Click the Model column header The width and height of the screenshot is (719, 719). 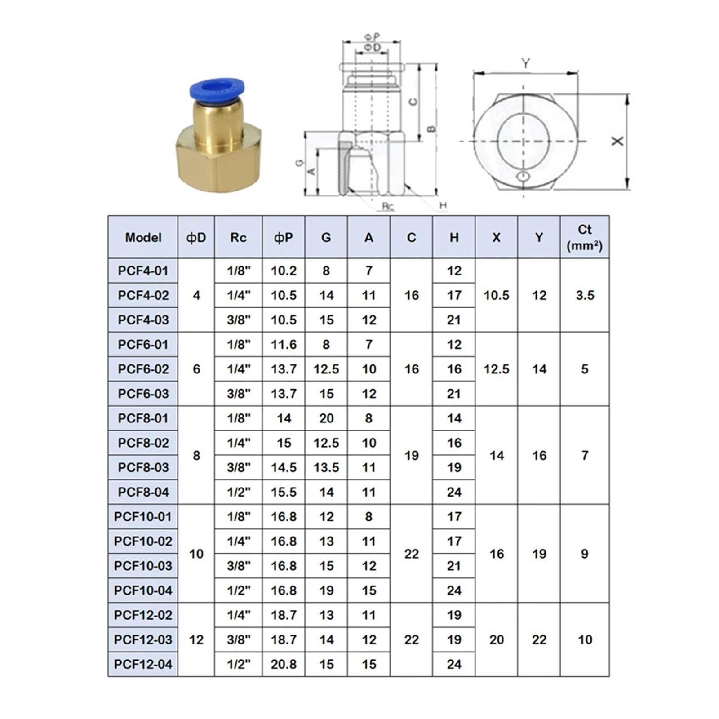tap(143, 237)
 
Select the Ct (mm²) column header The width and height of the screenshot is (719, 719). tap(585, 237)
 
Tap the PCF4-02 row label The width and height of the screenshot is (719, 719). tap(143, 295)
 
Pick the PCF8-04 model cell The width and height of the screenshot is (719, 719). tap(143, 492)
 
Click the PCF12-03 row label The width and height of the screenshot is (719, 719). tap(143, 639)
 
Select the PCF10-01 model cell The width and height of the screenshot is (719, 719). tap(143, 517)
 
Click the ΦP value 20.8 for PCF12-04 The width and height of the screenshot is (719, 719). tap(284, 664)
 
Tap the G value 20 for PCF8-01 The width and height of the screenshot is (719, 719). tap(326, 418)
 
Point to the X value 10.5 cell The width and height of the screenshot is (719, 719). tap(497, 295)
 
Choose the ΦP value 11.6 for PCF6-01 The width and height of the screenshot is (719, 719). tap(284, 345)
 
